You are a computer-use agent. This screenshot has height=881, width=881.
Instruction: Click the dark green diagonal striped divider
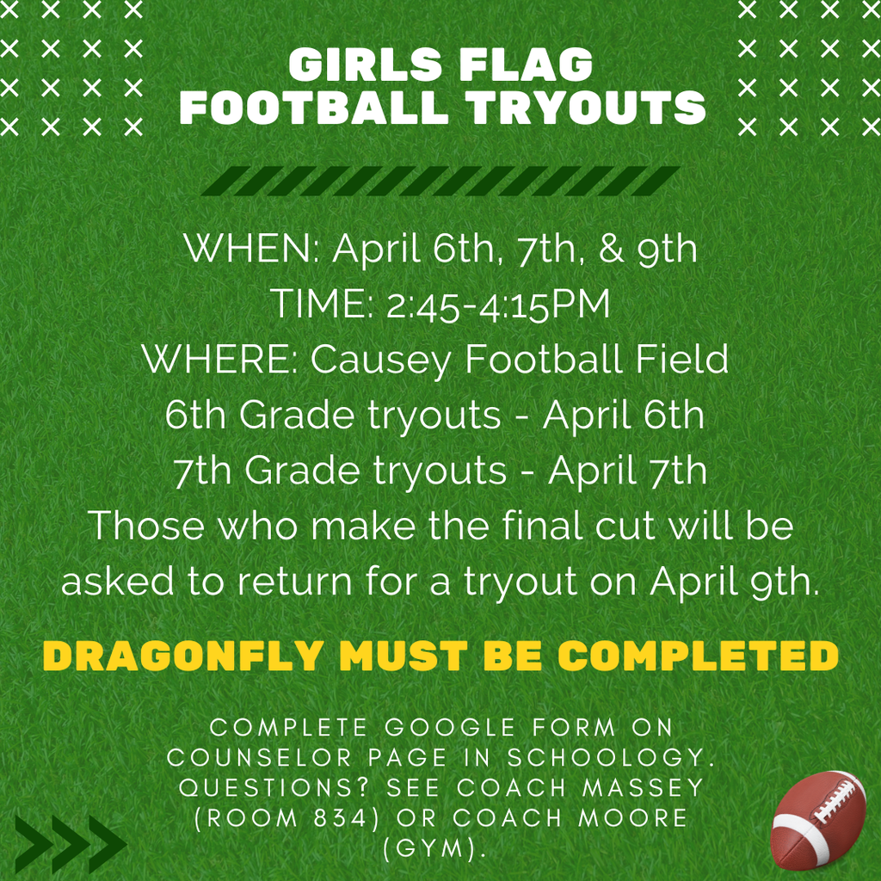[440, 181]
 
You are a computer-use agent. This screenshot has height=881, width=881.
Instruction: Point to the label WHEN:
[252, 250]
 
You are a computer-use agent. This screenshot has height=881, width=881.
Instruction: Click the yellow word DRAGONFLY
[182, 656]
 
